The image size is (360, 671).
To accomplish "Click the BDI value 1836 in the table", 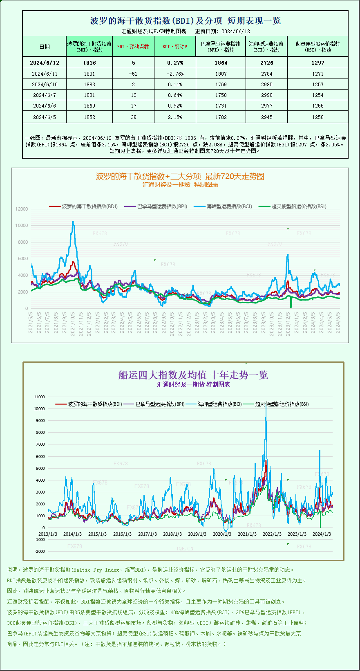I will pos(89,63).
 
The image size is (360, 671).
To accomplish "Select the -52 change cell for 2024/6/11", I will pos(133,74).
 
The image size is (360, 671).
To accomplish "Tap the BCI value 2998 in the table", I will pos(266,95).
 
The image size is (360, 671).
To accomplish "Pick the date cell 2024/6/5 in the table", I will pos(45,117).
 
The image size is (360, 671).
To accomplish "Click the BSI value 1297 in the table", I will pos(318,63).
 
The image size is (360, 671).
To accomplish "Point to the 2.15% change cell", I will pos(175,117).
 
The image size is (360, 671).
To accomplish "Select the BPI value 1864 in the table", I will pos(221,63).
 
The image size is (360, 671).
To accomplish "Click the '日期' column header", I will pos(45,47).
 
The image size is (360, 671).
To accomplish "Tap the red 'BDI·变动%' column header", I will pos(175,47).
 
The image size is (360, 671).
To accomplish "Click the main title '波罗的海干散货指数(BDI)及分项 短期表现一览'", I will pos(186,21).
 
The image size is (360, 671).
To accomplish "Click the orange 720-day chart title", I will pos(180,177).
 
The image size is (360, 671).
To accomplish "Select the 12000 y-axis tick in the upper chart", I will pos(22,209).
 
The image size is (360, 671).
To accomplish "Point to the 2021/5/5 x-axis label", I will pos(31,322).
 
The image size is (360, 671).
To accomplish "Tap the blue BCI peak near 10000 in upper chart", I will pos(73,222).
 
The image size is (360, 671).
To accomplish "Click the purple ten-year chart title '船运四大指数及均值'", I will pos(193,375).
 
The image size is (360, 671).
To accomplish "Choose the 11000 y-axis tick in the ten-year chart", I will pos(40,397).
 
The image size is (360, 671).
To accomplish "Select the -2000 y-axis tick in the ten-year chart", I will pos(40,552).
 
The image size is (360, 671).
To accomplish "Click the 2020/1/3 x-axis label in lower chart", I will pos(222,534).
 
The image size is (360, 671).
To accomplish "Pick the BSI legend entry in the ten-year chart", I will pos(282,404).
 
